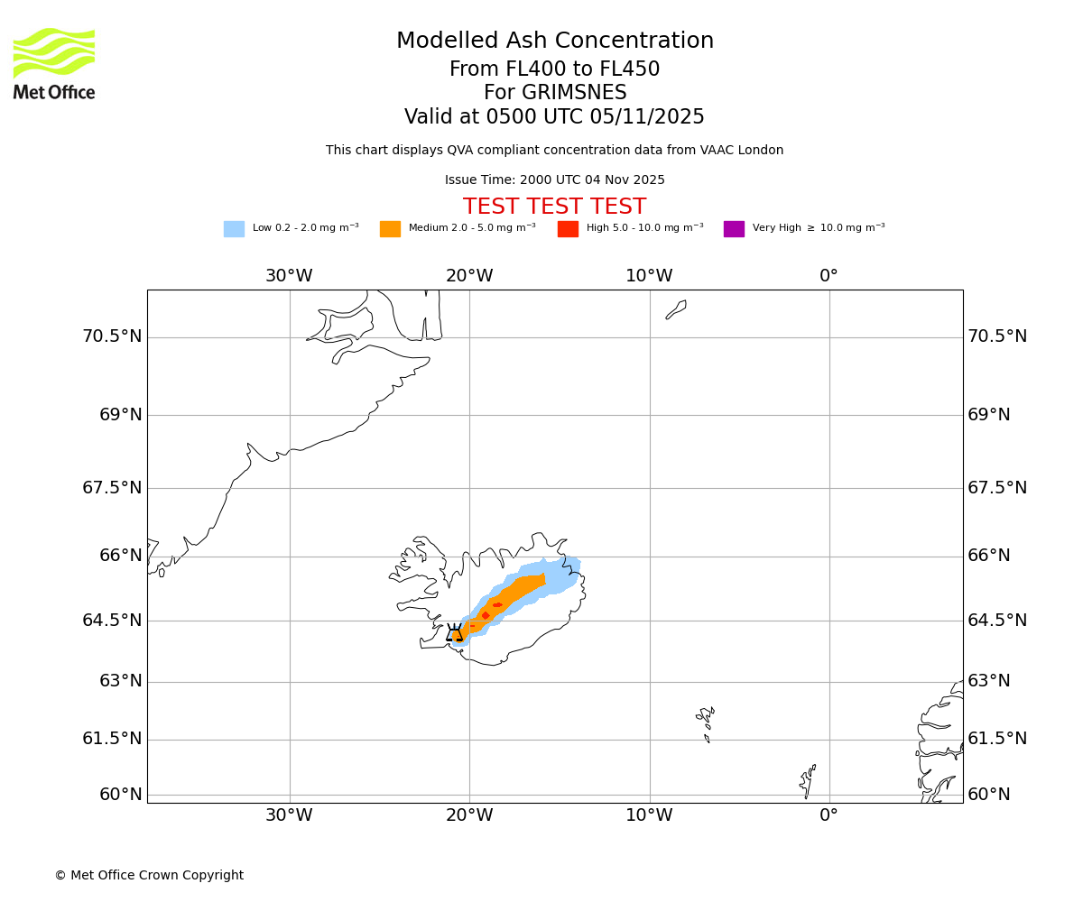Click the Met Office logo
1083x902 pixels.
pyautogui.click(x=54, y=63)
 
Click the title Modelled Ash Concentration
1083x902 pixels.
pyautogui.click(x=555, y=41)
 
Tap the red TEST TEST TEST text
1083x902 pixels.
pyautogui.click(x=555, y=207)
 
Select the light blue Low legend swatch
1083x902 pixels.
pyautogui.click(x=234, y=229)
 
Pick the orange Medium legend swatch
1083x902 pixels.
pyautogui.click(x=390, y=229)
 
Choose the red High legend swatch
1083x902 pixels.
pyautogui.click(x=568, y=229)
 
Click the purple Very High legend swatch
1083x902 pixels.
pyautogui.click(x=734, y=229)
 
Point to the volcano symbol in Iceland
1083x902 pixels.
pyautogui.click(x=454, y=632)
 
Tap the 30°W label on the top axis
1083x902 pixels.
pyautogui.click(x=289, y=276)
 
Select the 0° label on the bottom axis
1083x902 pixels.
pyautogui.click(x=828, y=815)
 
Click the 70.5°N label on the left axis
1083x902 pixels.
pyautogui.click(x=112, y=336)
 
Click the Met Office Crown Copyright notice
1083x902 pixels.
pyautogui.click(x=149, y=876)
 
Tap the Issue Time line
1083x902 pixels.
pyautogui.click(x=555, y=180)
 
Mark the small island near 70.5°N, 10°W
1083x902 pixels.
pyautogui.click(x=676, y=309)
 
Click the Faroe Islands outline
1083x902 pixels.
pyautogui.click(x=706, y=721)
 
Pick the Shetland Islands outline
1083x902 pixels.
pyautogui.click(x=808, y=781)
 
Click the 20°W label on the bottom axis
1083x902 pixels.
pyautogui.click(x=469, y=815)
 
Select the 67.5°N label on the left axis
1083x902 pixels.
pyautogui.click(x=112, y=488)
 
